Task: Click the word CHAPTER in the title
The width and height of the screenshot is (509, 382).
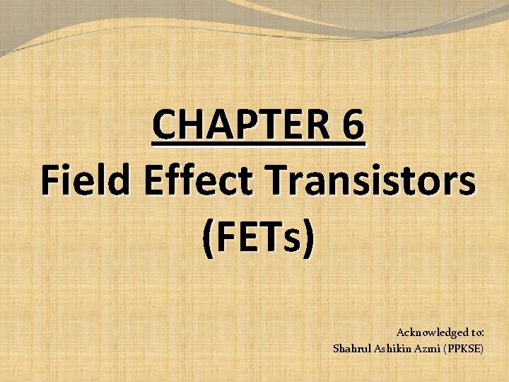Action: pyautogui.click(x=240, y=127)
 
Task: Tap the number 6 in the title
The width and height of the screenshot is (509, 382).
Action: pyautogui.click(x=352, y=127)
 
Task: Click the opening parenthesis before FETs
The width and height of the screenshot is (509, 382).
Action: pyautogui.click(x=208, y=241)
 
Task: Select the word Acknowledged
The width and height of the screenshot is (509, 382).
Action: pyautogui.click(x=431, y=332)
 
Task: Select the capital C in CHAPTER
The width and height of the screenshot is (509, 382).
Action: pyautogui.click(x=163, y=127)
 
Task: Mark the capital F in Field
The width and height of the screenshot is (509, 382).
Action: pyautogui.click(x=49, y=183)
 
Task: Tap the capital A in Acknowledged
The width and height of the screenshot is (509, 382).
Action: pyautogui.click(x=401, y=332)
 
